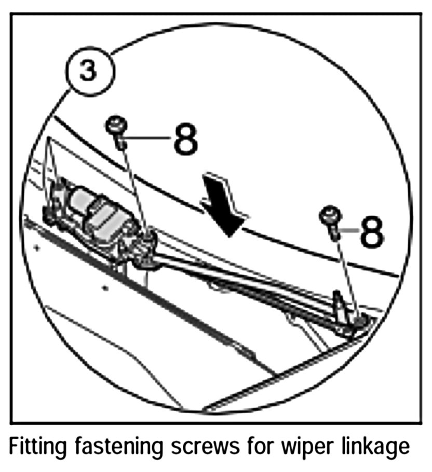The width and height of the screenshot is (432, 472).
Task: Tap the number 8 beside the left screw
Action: point(185,139)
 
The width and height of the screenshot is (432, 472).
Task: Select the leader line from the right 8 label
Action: point(350,229)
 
